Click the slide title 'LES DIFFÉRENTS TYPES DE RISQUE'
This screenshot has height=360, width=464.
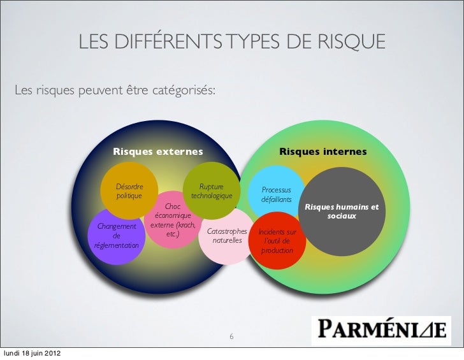[x=232, y=42]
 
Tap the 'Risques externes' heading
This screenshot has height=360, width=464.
[x=157, y=152]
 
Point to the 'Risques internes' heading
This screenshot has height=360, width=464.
[x=323, y=152]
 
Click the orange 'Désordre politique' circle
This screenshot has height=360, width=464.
[x=129, y=191]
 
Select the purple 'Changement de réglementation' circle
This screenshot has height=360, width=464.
[x=116, y=236]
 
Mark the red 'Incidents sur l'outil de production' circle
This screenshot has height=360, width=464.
[x=277, y=241]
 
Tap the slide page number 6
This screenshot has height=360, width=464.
[x=231, y=337]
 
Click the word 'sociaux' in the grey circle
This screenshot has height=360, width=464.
[x=342, y=217]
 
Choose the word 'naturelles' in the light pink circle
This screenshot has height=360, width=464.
[x=228, y=241]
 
